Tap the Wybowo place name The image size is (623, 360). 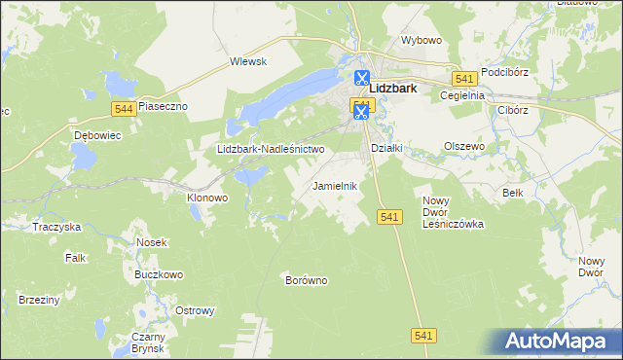(421, 42)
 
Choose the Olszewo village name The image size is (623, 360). (464, 146)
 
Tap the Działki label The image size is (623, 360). (386, 148)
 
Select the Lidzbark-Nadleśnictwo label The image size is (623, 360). (270, 150)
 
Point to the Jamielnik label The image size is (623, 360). (335, 185)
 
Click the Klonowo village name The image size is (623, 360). (206, 197)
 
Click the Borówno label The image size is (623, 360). (305, 280)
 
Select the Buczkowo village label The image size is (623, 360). (160, 275)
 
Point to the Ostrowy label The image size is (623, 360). (193, 311)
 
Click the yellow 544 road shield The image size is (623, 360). (122, 108)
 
